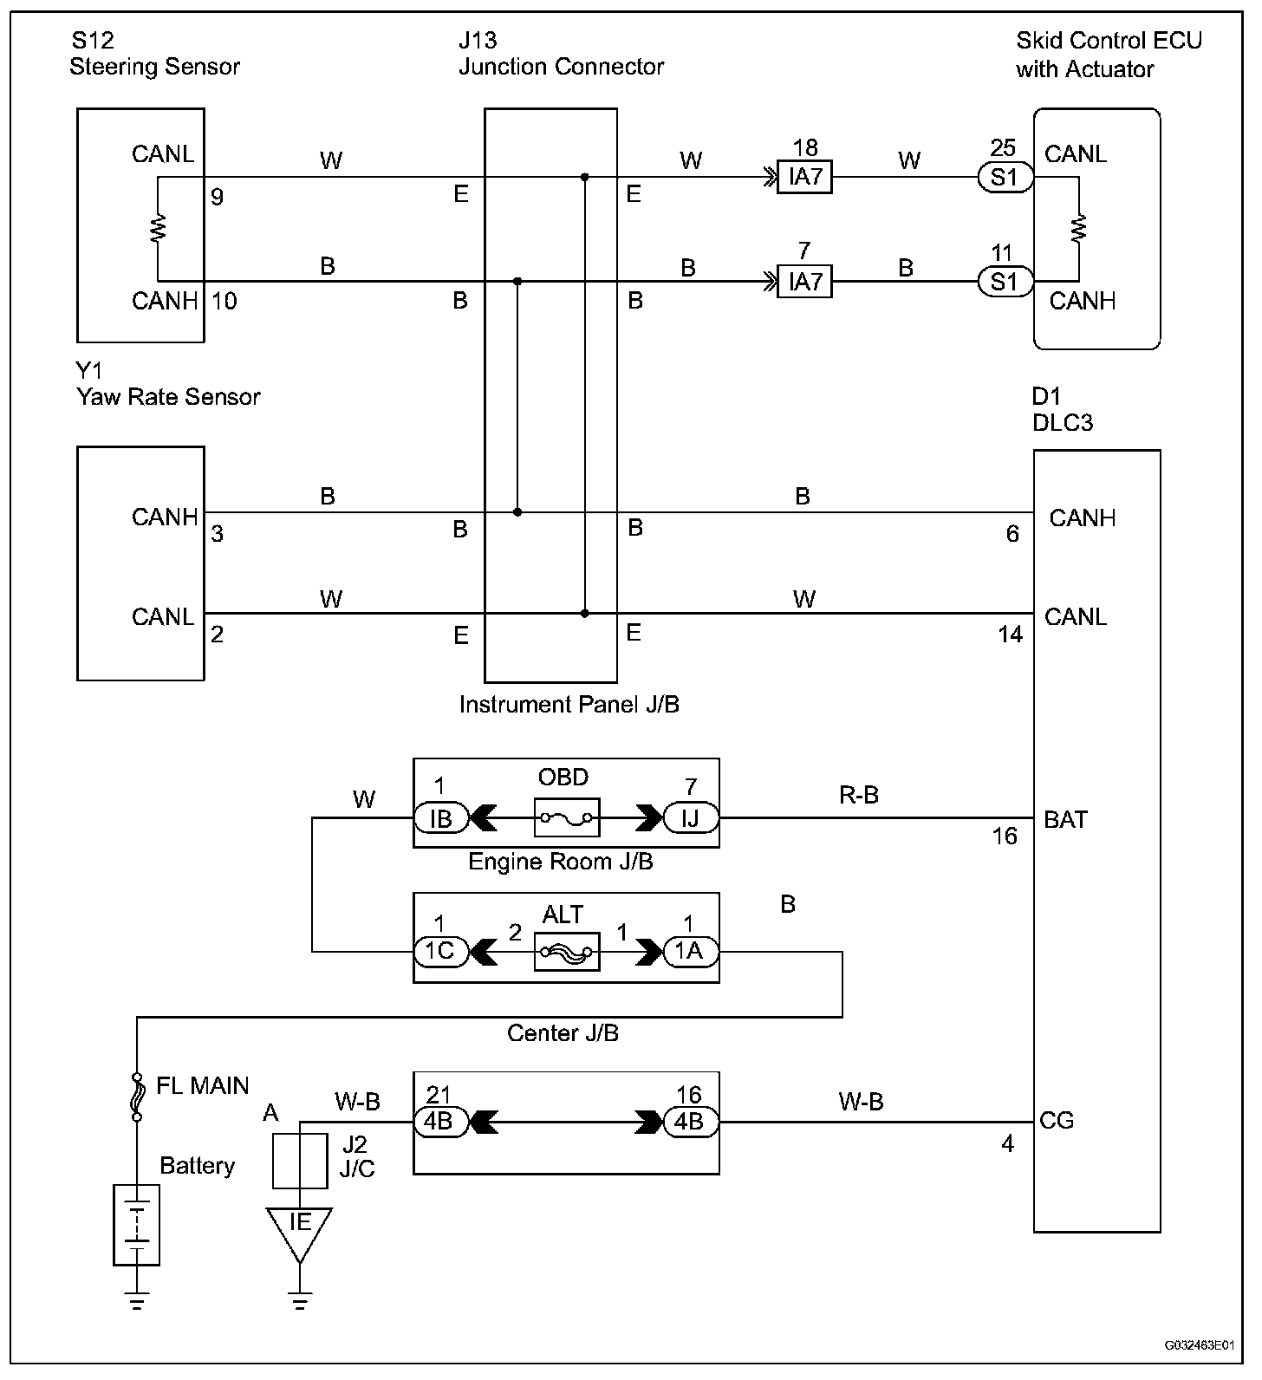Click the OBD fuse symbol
(x=567, y=817)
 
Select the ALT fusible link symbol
(x=567, y=952)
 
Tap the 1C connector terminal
(x=440, y=952)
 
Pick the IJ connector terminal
(x=690, y=817)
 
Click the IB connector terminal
(x=440, y=817)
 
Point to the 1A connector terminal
(x=690, y=952)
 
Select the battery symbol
(x=137, y=1226)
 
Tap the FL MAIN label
(x=202, y=1086)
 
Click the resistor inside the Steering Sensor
(x=159, y=229)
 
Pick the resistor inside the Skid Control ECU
(x=1079, y=229)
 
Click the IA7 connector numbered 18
(x=805, y=178)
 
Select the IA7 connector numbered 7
(x=805, y=282)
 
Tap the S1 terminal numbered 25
(x=1005, y=178)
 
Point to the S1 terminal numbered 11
(x=1005, y=282)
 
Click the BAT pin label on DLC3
(x=1065, y=820)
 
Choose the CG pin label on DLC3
(x=1057, y=1121)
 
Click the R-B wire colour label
(x=859, y=795)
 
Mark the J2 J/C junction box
(x=300, y=1161)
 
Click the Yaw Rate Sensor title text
(x=168, y=397)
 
